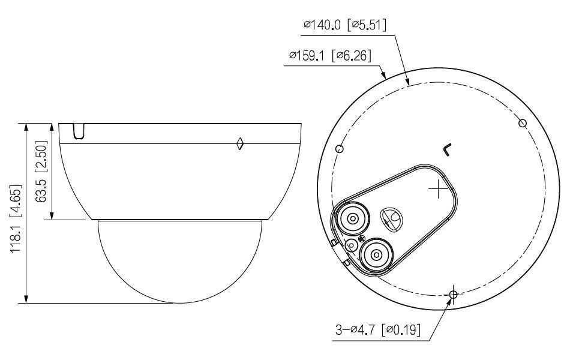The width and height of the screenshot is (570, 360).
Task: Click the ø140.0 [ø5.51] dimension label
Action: [345, 25]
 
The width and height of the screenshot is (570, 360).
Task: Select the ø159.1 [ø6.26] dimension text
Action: [331, 56]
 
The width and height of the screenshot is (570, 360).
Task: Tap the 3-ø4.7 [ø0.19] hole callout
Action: [377, 330]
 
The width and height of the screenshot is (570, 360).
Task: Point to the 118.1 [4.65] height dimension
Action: [16, 219]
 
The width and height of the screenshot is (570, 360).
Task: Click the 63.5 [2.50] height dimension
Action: [41, 171]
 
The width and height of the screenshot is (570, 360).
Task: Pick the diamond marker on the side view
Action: [239, 143]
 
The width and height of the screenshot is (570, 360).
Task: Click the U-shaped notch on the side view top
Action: [79, 131]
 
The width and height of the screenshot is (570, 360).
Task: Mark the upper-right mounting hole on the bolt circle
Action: [523, 123]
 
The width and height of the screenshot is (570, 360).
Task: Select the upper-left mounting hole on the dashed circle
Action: [340, 149]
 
